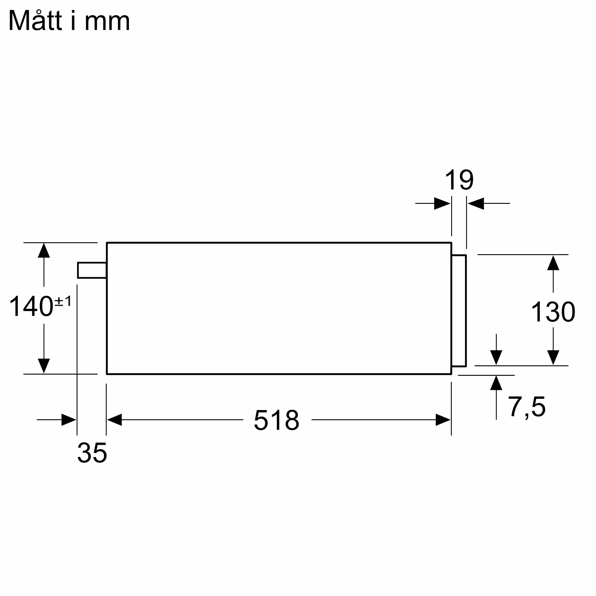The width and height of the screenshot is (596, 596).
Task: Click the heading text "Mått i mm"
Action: click(x=69, y=21)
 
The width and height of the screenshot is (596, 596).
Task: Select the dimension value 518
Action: click(x=277, y=420)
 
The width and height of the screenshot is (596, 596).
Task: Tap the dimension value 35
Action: click(x=92, y=453)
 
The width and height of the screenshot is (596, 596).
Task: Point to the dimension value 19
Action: click(x=459, y=180)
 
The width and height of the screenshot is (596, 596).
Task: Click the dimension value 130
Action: click(x=553, y=312)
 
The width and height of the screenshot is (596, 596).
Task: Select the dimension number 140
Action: click(x=31, y=306)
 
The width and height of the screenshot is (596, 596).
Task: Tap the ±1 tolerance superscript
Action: click(x=63, y=301)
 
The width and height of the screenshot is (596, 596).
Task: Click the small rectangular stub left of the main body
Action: click(x=92, y=270)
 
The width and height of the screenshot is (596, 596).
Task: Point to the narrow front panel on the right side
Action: click(x=459, y=311)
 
